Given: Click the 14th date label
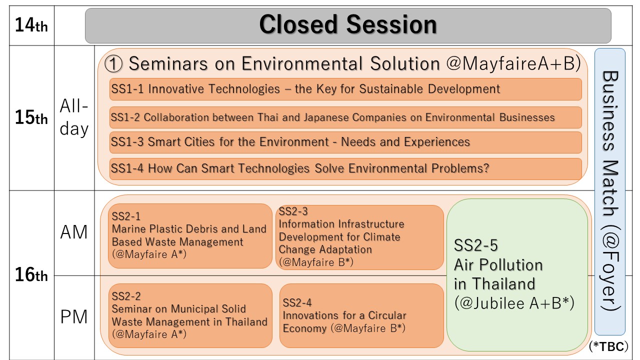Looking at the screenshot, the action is [x=31, y=25].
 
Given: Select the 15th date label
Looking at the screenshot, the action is [x=31, y=117].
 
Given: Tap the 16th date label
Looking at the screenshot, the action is [x=31, y=274].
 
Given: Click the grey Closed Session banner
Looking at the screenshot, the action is [x=348, y=25].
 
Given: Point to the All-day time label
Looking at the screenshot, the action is [x=74, y=117].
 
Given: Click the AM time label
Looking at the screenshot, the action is [x=74, y=232].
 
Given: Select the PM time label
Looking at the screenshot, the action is [x=74, y=317].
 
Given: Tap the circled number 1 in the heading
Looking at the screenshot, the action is [x=113, y=63].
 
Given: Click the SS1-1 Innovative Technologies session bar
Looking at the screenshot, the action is [x=345, y=89].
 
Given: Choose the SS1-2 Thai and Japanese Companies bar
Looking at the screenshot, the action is [x=345, y=117].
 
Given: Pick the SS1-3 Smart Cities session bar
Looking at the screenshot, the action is [x=345, y=142].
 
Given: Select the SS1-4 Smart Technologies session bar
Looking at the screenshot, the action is [x=345, y=169].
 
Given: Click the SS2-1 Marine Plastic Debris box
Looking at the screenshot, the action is [x=190, y=236].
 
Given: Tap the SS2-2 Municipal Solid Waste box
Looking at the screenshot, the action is [x=190, y=315].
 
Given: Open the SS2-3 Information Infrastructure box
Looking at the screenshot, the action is [x=359, y=237].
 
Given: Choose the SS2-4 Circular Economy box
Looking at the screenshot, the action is [x=361, y=315].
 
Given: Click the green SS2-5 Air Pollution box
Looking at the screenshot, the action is [x=517, y=275].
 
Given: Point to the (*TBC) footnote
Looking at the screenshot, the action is [x=608, y=346].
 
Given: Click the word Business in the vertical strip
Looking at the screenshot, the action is [x=610, y=111].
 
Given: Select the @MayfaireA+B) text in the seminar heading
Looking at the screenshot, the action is [x=513, y=63].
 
